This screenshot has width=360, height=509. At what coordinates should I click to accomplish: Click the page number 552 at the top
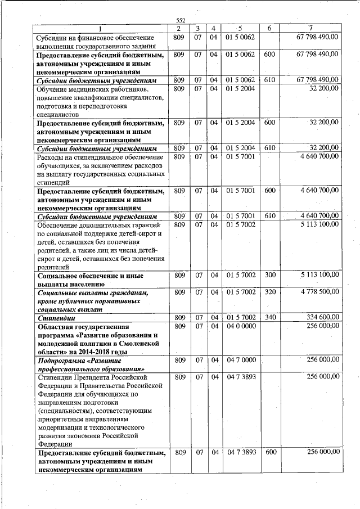pyautogui.click(x=181, y=21)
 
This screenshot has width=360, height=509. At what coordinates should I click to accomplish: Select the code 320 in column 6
pyautogui.click(x=269, y=292)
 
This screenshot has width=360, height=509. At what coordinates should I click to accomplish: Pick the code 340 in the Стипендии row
pyautogui.click(x=269, y=318)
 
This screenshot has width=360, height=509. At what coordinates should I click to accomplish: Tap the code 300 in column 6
pyautogui.click(x=269, y=275)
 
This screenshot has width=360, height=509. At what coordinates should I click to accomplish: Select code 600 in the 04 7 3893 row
pyautogui.click(x=269, y=452)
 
